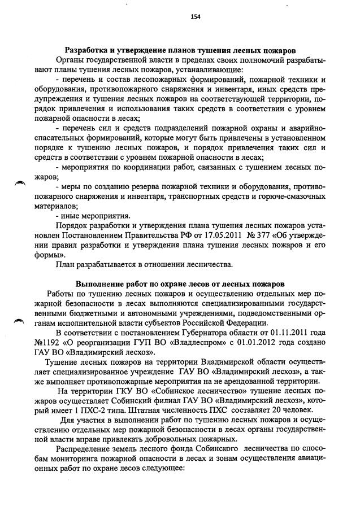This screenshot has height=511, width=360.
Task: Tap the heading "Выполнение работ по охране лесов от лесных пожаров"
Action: (180, 283)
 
